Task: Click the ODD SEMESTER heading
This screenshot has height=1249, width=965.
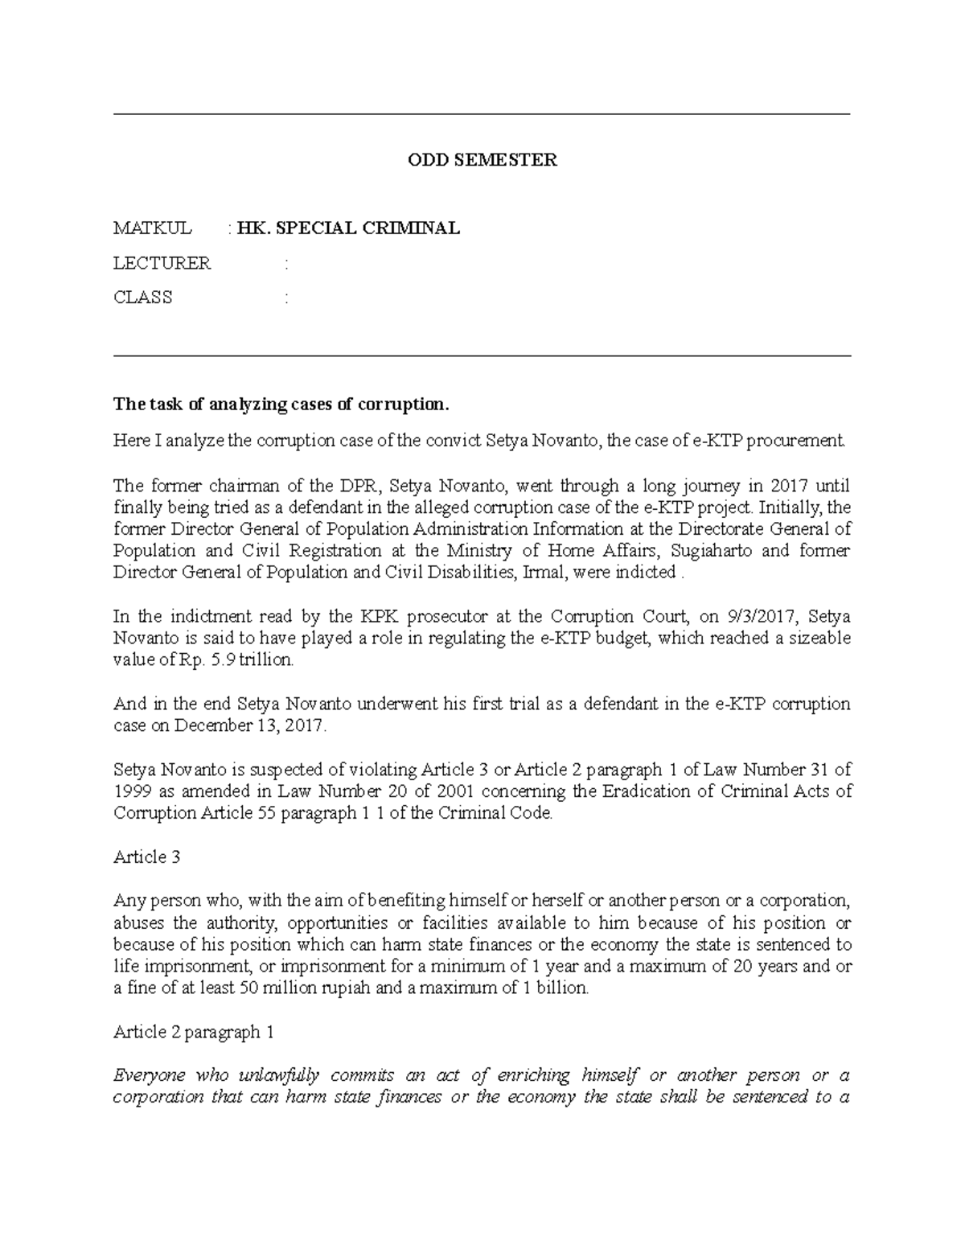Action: pyautogui.click(x=482, y=160)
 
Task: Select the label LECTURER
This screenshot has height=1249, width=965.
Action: pyautogui.click(x=162, y=263)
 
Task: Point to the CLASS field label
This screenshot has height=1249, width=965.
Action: pyautogui.click(x=142, y=298)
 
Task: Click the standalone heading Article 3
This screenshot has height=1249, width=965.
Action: pyautogui.click(x=146, y=857)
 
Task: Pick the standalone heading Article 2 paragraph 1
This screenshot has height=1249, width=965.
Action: pyautogui.click(x=188, y=1032)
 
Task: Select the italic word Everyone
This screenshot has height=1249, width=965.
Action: pyautogui.click(x=150, y=1075)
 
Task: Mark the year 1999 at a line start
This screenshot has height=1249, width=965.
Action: pyautogui.click(x=129, y=791)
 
